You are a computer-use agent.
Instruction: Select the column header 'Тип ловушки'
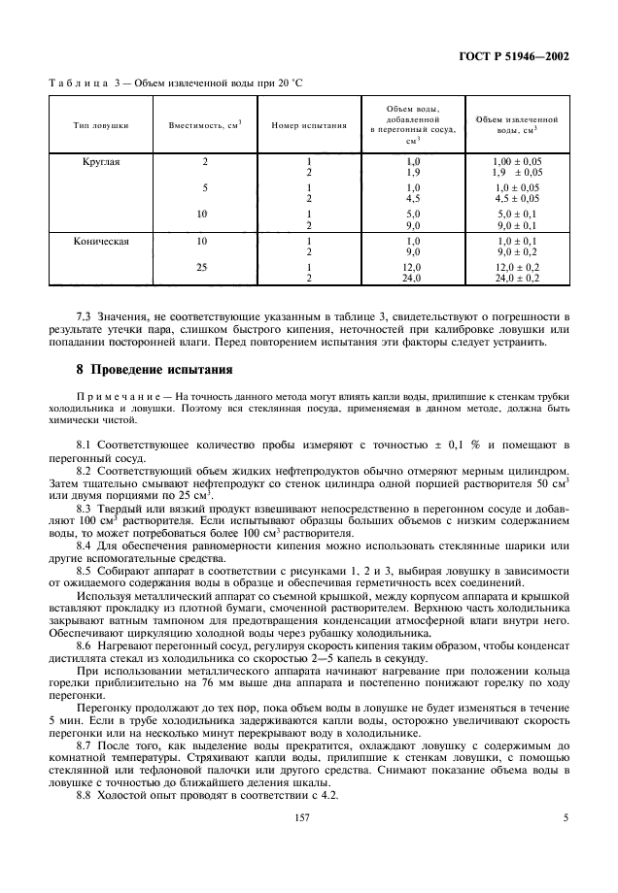pyautogui.click(x=101, y=125)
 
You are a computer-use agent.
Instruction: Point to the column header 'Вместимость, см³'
pyautogui.click(x=205, y=125)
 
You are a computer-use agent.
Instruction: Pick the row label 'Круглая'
pyautogui.click(x=101, y=161)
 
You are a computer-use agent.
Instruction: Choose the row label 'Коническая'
pyautogui.click(x=101, y=239)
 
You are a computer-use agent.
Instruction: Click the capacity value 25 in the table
pyautogui.click(x=203, y=266)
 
